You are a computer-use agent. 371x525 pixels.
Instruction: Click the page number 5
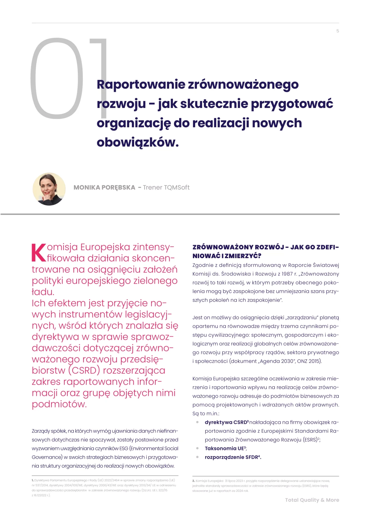click(338, 31)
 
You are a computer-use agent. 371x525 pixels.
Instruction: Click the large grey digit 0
click(57, 78)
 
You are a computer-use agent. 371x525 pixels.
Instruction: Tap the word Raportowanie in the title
click(141, 84)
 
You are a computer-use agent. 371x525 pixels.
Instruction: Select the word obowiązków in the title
click(137, 142)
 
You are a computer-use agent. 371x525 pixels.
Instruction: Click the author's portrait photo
click(49, 189)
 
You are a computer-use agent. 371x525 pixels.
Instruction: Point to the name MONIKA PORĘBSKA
click(104, 188)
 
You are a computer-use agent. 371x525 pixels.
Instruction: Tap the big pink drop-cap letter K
click(39, 253)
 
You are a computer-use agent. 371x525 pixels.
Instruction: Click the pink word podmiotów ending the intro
click(59, 404)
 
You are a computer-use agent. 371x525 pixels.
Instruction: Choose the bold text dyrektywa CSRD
click(226, 422)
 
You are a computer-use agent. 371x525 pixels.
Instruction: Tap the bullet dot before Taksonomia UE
click(197, 448)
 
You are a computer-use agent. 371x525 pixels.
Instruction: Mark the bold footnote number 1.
click(33, 480)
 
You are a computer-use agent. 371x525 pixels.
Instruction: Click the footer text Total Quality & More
click(312, 500)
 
